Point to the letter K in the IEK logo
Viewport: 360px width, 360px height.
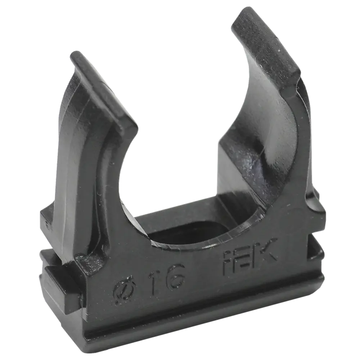click(266, 251)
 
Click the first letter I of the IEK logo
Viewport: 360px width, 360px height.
click(229, 263)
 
